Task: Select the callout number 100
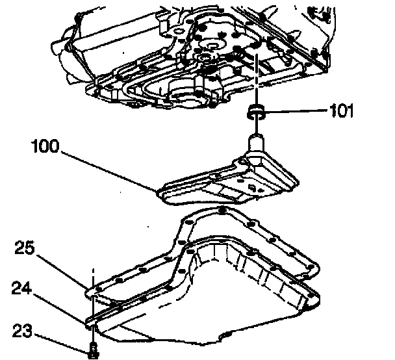pyautogui.click(x=47, y=146)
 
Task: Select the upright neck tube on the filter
pyautogui.click(x=255, y=143)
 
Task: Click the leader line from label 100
pyautogui.click(x=110, y=169)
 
